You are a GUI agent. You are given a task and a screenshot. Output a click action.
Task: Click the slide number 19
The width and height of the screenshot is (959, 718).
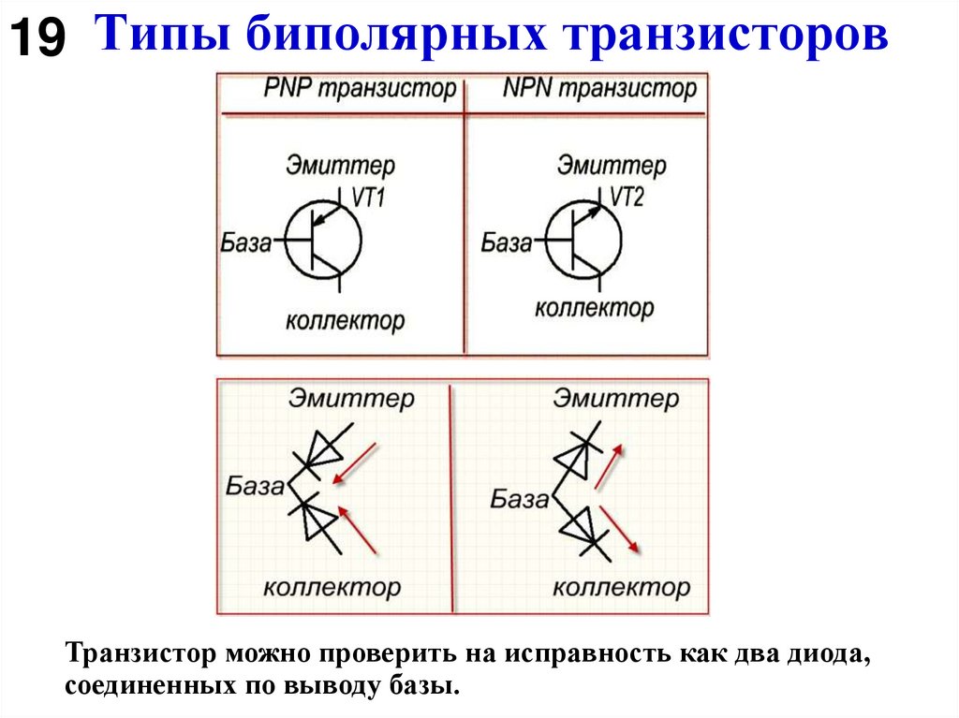[37, 39]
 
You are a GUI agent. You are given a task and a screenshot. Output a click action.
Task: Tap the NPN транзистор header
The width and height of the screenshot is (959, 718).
[599, 90]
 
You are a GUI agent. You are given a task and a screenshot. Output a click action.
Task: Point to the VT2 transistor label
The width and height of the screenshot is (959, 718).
[629, 198]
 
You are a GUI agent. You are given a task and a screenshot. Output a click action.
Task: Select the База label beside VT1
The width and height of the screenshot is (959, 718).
[246, 244]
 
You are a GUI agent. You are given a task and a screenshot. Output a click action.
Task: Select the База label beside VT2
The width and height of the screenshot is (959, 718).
[506, 244]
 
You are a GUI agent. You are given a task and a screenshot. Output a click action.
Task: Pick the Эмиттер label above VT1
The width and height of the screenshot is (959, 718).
[340, 166]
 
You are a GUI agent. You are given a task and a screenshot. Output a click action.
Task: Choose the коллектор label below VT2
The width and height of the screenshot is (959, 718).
[594, 307]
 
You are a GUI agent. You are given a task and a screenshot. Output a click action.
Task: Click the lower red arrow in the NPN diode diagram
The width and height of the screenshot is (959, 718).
[619, 529]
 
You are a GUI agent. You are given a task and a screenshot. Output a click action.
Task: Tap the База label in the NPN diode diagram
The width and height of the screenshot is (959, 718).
[520, 499]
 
